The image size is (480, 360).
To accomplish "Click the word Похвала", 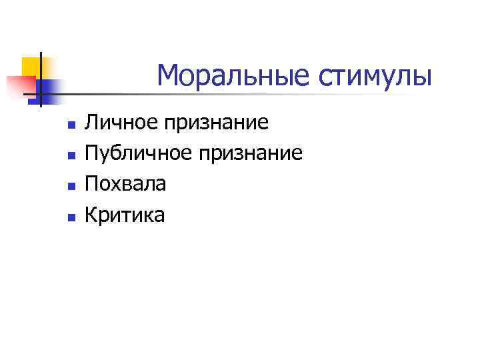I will point(125,184).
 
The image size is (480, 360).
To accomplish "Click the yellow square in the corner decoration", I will point(31,66).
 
